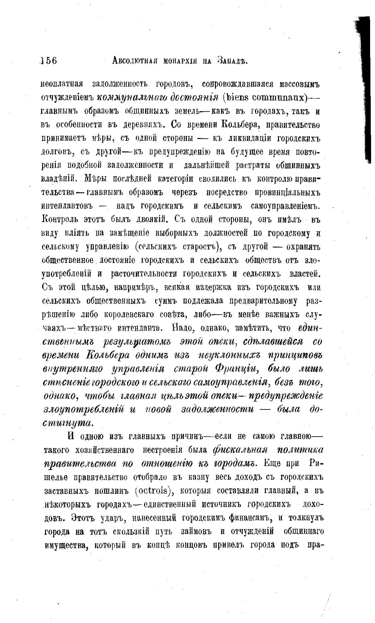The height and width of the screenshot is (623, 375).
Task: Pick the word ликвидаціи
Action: [247, 138]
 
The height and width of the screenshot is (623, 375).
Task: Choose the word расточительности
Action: [145, 274]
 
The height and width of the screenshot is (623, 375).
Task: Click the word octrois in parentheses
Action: [154, 491]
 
